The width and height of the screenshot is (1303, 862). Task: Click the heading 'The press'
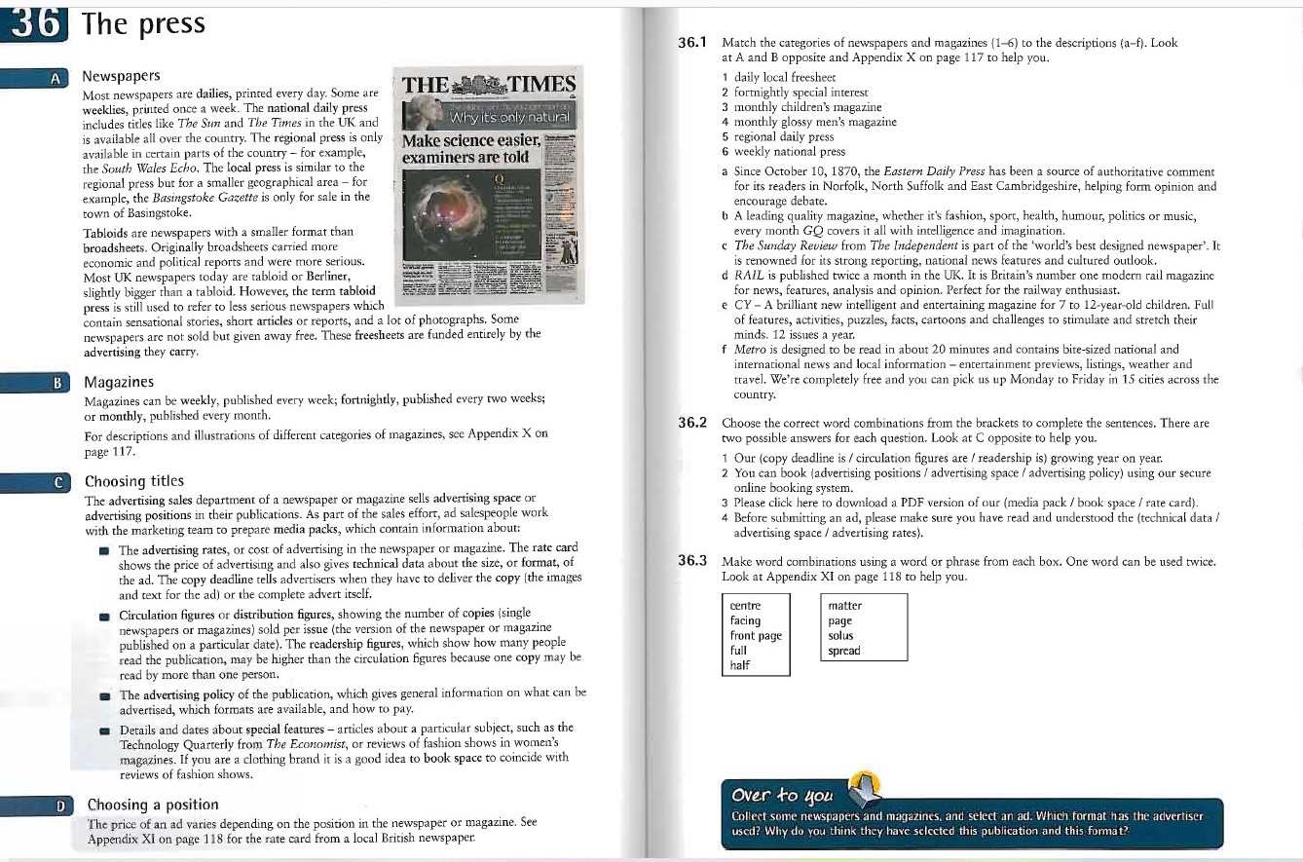(x=145, y=23)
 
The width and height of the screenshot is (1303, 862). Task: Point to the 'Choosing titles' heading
(x=134, y=481)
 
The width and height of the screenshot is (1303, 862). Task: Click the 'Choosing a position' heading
(x=153, y=805)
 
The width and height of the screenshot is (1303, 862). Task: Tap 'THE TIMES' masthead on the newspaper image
(x=490, y=85)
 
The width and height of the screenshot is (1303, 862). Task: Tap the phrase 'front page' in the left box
(x=756, y=636)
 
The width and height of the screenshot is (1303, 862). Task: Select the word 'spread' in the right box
(x=843, y=651)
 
